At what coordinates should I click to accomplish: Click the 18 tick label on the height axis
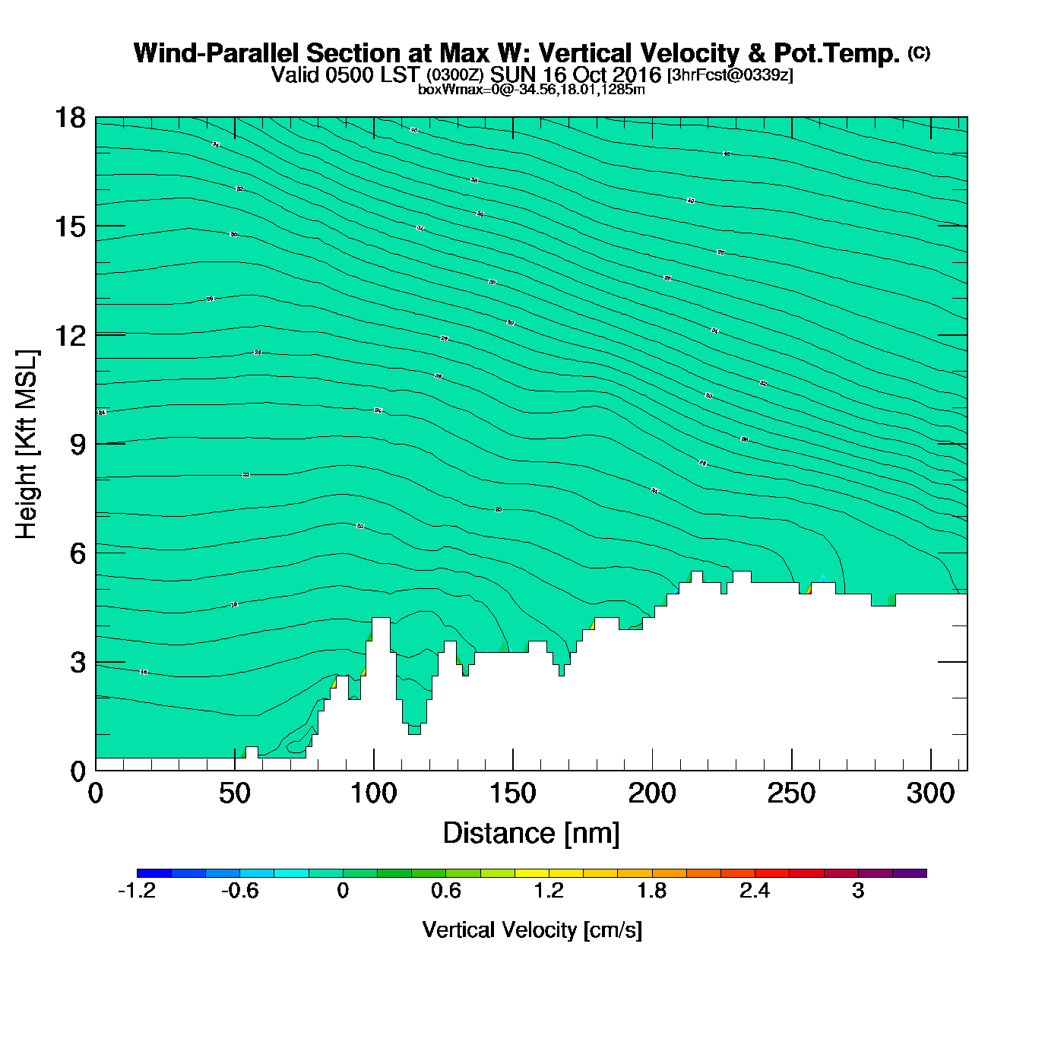coord(70,118)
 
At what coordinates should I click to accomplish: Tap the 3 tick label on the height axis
coord(78,663)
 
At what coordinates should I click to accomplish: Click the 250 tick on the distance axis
coord(792,769)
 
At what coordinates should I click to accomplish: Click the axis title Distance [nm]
coord(531,833)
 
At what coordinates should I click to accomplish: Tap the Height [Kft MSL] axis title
coord(27,445)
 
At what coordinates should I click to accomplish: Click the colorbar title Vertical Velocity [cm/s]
coord(532,929)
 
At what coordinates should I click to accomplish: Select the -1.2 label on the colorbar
coord(137,891)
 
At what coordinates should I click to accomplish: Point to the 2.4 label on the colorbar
coord(755,891)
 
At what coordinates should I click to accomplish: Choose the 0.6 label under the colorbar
coord(446,891)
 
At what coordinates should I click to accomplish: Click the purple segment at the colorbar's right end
coord(909,873)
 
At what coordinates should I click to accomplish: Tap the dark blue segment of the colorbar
coord(154,873)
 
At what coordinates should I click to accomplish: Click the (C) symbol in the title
coord(919,52)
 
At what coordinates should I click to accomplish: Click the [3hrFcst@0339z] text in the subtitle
coord(730,75)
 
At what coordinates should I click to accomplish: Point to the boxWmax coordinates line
coord(531,89)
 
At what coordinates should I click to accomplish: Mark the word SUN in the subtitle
coord(511,74)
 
